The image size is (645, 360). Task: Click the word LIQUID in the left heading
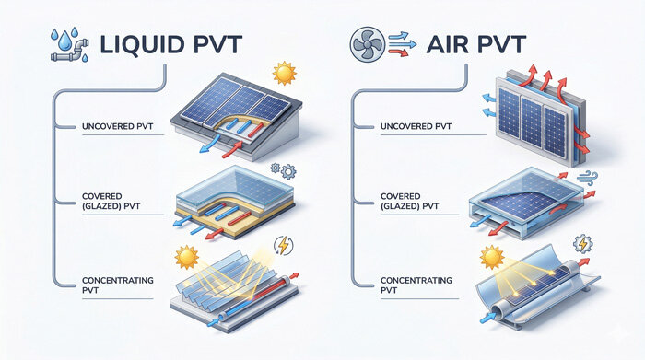click(111, 46)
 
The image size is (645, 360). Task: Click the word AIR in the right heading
click(451, 46)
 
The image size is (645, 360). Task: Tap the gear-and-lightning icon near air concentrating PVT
click(584, 245)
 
